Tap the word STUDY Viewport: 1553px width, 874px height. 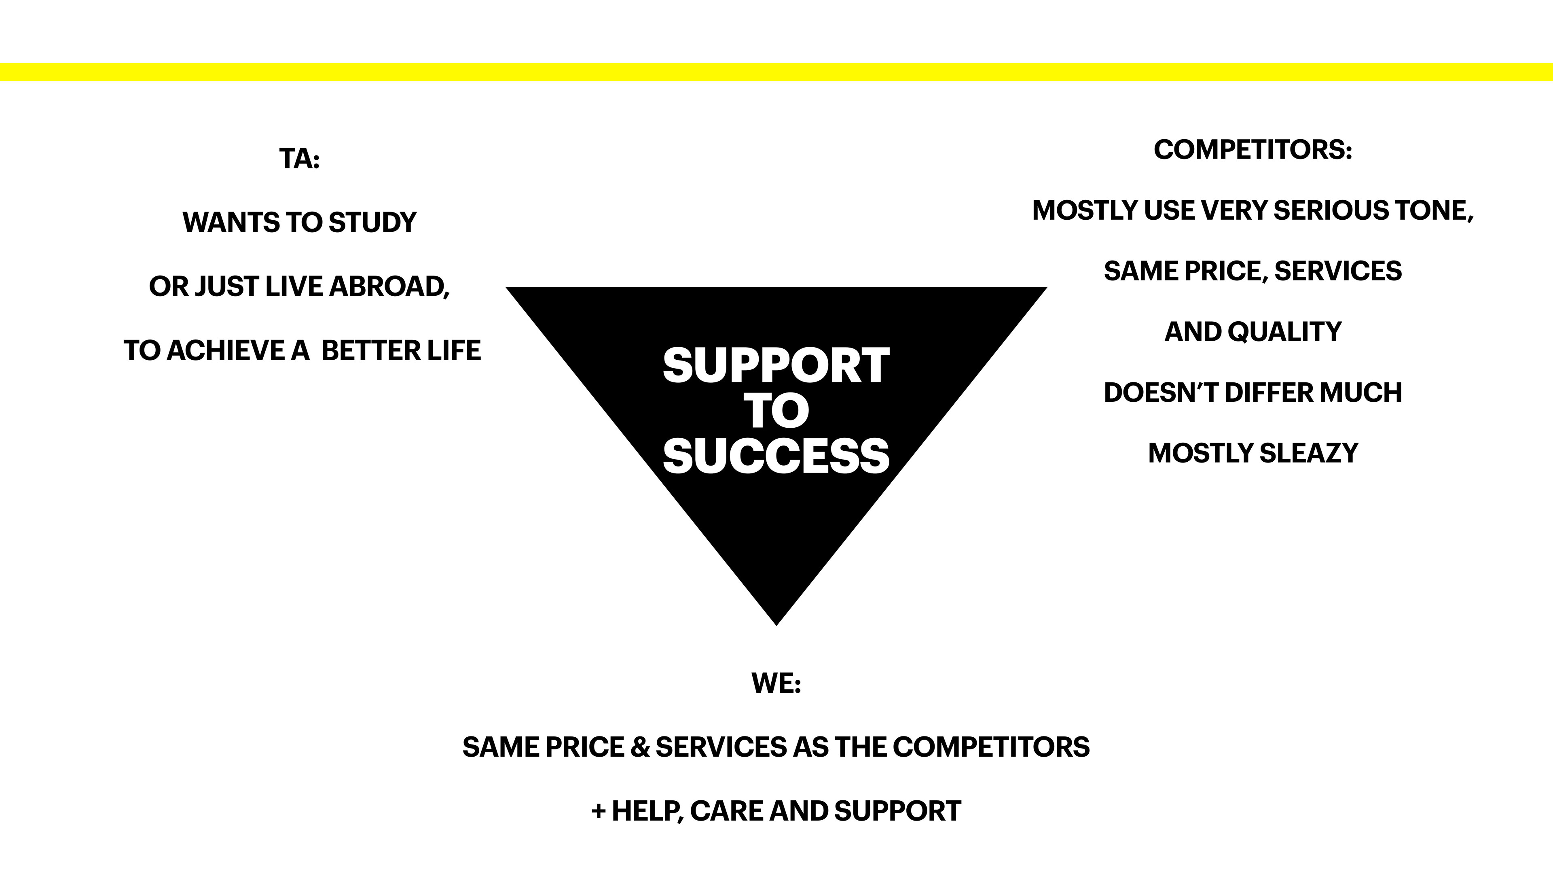tap(372, 223)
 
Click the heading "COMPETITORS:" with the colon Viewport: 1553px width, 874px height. tap(1253, 150)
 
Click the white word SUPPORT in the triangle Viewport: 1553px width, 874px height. tap(776, 365)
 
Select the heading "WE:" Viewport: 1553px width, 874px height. tap(776, 683)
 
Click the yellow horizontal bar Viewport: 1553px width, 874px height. tap(776, 72)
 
